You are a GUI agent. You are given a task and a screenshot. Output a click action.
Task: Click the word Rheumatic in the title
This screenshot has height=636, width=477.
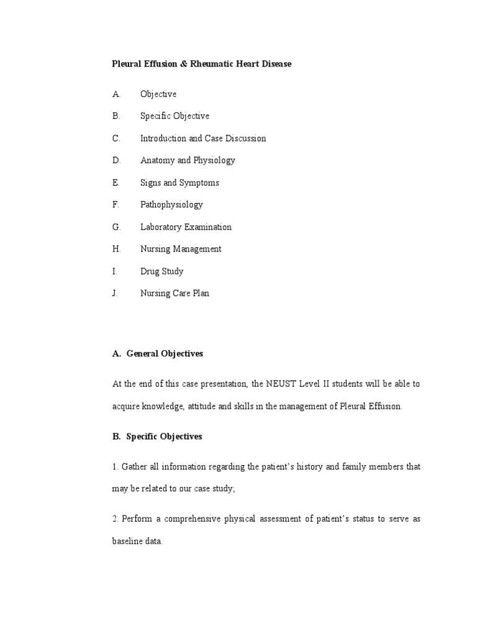click(x=211, y=64)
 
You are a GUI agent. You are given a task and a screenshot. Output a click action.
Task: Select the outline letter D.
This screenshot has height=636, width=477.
click(x=116, y=160)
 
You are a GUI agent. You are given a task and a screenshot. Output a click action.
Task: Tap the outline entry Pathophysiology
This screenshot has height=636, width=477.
click(x=171, y=204)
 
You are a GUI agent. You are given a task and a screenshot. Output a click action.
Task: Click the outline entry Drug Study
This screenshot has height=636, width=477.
click(x=161, y=271)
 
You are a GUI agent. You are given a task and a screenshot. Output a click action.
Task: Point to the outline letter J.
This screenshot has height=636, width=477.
click(x=115, y=293)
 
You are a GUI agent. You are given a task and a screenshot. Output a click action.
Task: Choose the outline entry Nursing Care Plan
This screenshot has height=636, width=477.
click(x=175, y=293)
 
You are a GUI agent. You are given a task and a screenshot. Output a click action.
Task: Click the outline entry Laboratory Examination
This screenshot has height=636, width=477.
click(x=186, y=227)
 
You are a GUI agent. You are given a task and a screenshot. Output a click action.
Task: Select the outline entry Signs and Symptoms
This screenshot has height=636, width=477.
click(x=179, y=183)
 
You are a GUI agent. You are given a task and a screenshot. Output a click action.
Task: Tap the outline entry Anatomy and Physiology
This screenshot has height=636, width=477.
click(x=188, y=160)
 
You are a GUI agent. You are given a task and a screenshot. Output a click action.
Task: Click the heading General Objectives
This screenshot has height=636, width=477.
click(x=165, y=353)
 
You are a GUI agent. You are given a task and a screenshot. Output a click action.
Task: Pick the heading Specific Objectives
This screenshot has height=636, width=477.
click(x=164, y=437)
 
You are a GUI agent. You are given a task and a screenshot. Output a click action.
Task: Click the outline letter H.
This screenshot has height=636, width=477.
click(x=116, y=249)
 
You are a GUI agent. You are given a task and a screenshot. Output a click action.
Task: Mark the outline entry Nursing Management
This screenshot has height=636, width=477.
click(x=181, y=249)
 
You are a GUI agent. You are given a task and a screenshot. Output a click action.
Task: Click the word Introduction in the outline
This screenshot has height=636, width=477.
click(x=163, y=139)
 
